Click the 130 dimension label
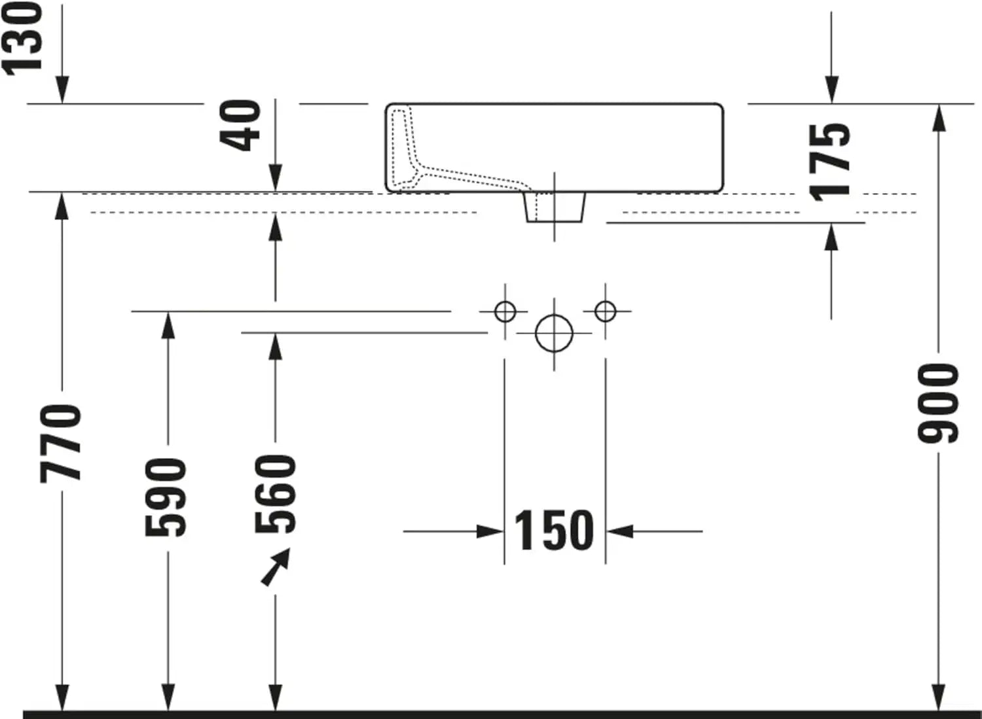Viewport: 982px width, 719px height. pos(22,39)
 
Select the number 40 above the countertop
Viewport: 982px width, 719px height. pos(240,126)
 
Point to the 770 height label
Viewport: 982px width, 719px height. pos(60,444)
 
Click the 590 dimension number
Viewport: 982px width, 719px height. pos(166,497)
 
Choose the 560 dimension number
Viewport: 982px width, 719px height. pos(276,494)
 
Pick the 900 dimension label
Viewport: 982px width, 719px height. pos(938,403)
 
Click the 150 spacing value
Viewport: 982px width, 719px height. pos(554,530)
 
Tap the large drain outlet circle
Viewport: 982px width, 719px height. pos(554,334)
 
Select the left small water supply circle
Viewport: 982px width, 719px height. pos(505,311)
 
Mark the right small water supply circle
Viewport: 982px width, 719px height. pos(606,311)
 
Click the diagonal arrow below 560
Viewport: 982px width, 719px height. pos(276,567)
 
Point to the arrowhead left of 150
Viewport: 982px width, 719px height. pos(490,531)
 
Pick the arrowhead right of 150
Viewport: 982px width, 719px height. pos(620,531)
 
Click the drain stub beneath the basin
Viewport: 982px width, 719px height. pos(555,207)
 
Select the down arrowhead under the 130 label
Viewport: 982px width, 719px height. pos(62,90)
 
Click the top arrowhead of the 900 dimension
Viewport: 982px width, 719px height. pos(938,118)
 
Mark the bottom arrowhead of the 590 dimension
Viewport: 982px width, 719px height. pos(168,697)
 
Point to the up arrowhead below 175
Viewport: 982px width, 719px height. pos(831,237)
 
